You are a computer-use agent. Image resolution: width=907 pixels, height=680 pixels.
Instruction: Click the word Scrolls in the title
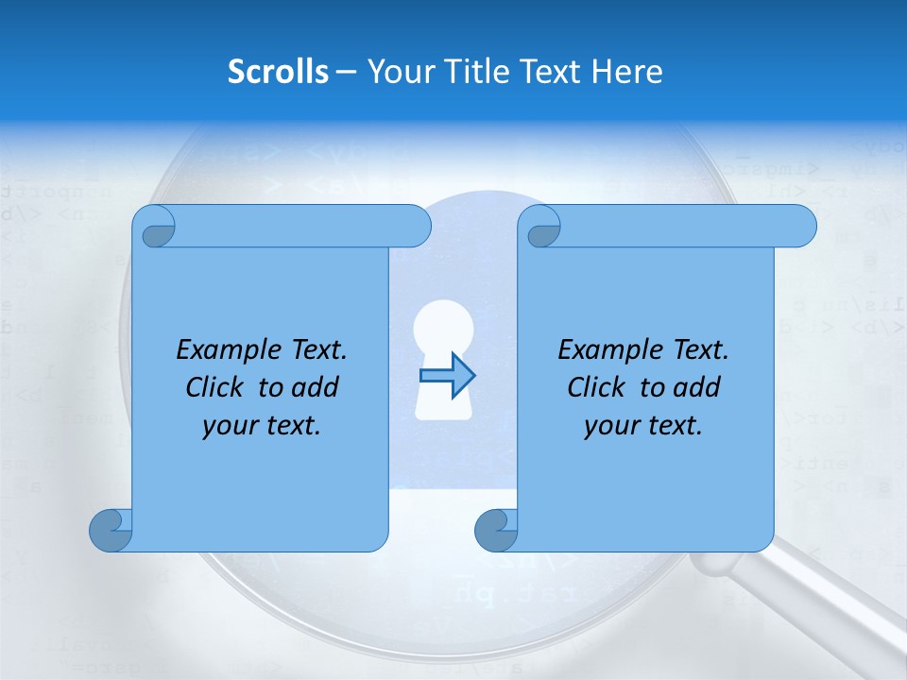coord(278,72)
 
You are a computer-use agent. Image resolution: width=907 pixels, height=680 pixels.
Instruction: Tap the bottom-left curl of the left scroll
coord(111,530)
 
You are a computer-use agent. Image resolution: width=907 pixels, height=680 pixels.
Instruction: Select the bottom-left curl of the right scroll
coord(496,530)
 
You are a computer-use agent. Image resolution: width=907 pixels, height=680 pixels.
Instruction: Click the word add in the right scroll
coord(698,387)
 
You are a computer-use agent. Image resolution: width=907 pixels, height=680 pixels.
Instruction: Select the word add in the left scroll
coord(317,387)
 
